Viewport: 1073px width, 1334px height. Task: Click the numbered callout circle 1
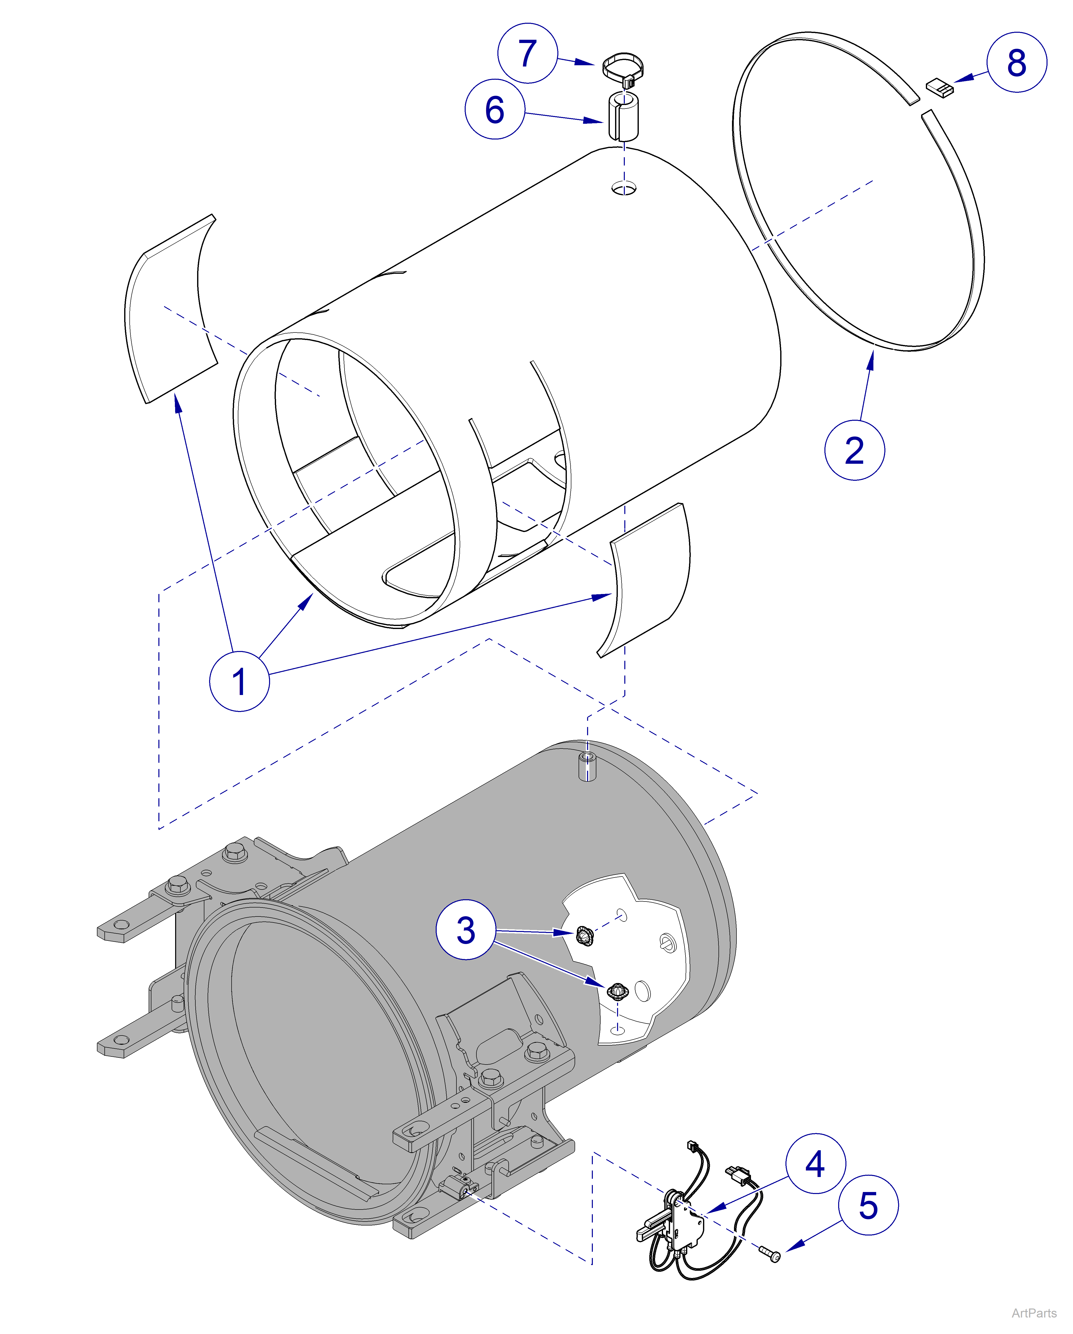[x=239, y=681]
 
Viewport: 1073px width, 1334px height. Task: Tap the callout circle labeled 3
[x=466, y=930]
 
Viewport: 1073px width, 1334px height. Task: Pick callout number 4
[x=815, y=1163]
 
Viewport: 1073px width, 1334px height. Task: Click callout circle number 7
[x=528, y=53]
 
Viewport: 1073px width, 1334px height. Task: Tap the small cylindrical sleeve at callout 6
[x=623, y=116]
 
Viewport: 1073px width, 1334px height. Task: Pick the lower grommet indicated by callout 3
[x=617, y=991]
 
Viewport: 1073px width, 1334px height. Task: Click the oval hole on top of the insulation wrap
[x=624, y=187]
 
